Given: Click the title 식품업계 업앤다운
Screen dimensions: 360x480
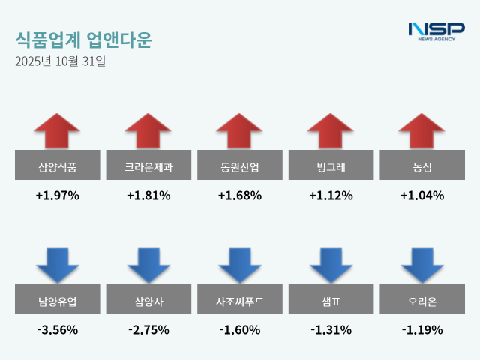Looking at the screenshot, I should click(82, 39).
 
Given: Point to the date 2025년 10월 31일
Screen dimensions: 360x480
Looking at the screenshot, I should click(60, 61).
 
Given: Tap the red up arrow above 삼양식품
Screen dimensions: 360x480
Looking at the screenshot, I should click(57, 131).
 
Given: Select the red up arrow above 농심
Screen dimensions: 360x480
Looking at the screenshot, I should click(421, 131).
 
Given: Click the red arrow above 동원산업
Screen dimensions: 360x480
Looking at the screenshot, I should click(239, 131).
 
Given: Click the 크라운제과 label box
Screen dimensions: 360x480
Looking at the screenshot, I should click(148, 166).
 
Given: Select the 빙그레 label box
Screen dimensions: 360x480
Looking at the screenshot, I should click(331, 166).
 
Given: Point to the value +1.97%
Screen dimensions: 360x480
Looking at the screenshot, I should click(57, 196).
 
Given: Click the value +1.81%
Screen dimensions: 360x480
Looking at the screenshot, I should click(148, 196).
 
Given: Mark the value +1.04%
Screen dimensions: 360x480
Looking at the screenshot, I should click(421, 196).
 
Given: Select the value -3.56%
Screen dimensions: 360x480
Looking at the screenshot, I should click(57, 329).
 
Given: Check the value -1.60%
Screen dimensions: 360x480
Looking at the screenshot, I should click(239, 329).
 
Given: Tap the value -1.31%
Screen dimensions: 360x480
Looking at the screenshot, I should click(331, 329).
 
